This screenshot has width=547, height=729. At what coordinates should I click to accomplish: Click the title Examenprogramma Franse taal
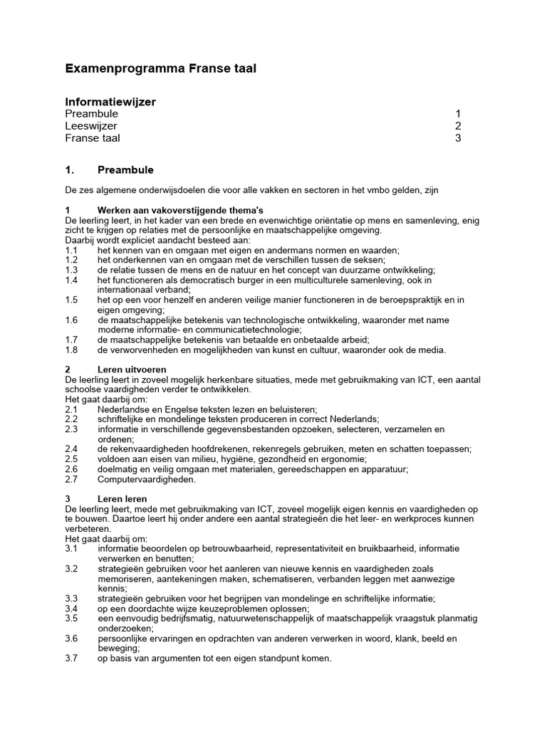pyautogui.click(x=160, y=68)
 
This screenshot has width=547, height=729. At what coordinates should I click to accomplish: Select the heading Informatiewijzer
pyautogui.click(x=110, y=102)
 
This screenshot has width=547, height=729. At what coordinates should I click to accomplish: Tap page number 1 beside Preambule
pyautogui.click(x=459, y=114)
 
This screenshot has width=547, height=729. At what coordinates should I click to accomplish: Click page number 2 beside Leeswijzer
pyautogui.click(x=459, y=126)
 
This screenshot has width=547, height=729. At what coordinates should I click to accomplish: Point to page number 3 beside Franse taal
pyautogui.click(x=459, y=138)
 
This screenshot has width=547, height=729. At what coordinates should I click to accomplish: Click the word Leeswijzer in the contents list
pyautogui.click(x=91, y=126)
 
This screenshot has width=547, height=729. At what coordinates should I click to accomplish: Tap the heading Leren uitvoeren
pyautogui.click(x=132, y=369)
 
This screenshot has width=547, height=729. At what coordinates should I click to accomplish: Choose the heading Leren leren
pyautogui.click(x=123, y=499)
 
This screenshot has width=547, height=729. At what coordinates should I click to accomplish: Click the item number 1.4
pyautogui.click(x=71, y=280)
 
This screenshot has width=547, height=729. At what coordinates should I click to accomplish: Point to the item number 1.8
pyautogui.click(x=71, y=350)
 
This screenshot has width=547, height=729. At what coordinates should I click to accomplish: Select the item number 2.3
pyautogui.click(x=71, y=429)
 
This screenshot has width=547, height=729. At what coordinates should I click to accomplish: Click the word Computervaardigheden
pyautogui.click(x=147, y=479)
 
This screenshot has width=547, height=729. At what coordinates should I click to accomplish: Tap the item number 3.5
pyautogui.click(x=71, y=619)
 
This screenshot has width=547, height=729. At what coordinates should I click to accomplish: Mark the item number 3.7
pyautogui.click(x=71, y=659)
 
